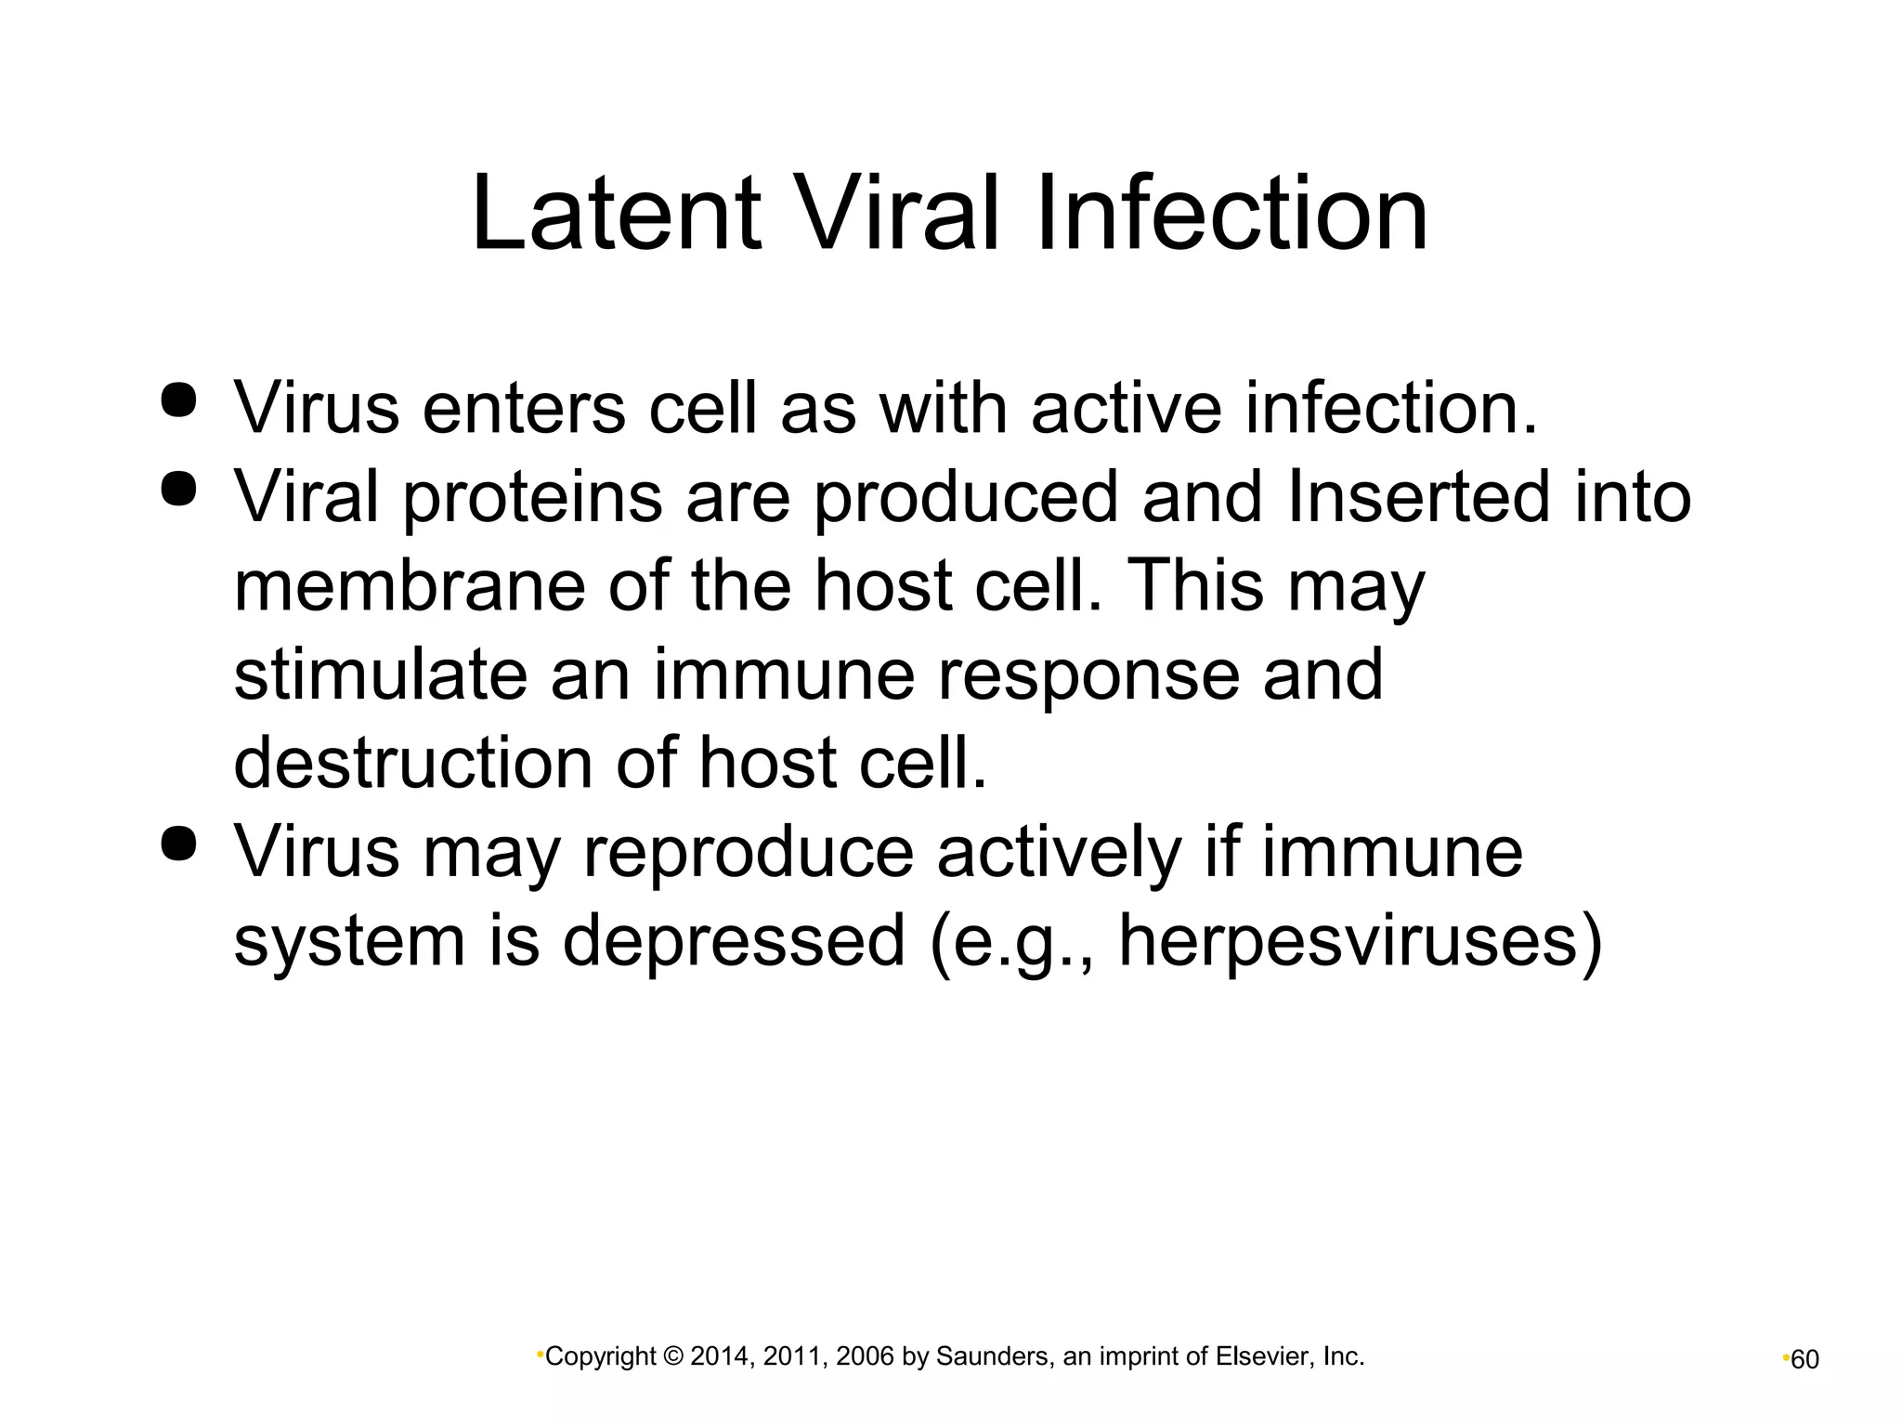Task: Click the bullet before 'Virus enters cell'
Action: [x=179, y=399]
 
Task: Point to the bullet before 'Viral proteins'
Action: [x=179, y=488]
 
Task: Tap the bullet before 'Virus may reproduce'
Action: [x=179, y=843]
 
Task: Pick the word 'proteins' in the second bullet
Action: [x=532, y=498]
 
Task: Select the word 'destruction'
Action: [x=412, y=763]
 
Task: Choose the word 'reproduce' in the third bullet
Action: [x=749, y=853]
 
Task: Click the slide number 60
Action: [x=1804, y=1359]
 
